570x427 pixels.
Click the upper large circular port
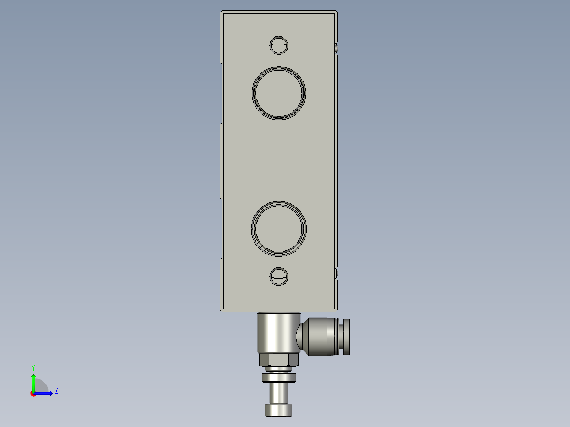click(279, 93)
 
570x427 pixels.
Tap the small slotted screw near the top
click(279, 45)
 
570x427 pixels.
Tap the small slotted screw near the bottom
click(279, 276)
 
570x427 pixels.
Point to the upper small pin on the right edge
click(337, 49)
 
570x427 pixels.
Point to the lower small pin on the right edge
click(337, 273)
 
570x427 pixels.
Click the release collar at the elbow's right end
click(346, 336)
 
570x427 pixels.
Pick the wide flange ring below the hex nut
click(279, 377)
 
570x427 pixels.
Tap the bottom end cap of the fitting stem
click(279, 410)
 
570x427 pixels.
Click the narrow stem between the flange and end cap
click(279, 393)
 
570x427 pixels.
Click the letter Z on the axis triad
click(56, 391)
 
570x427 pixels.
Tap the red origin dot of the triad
click(33, 394)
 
